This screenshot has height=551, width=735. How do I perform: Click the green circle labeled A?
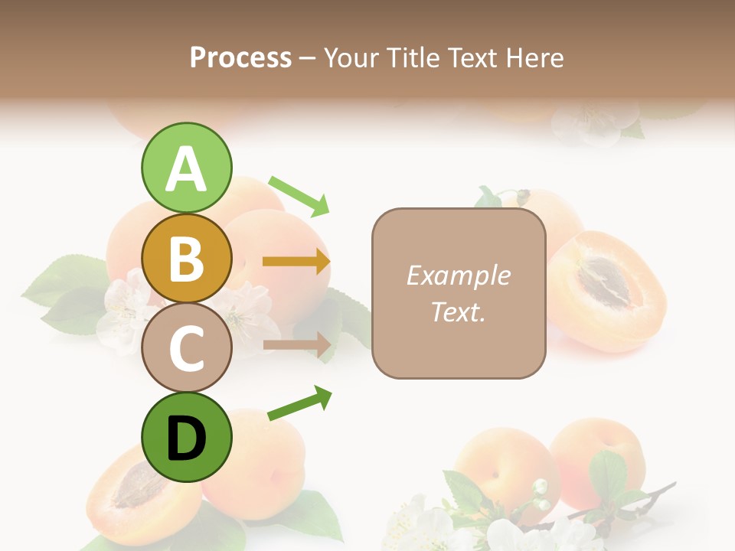(x=186, y=168)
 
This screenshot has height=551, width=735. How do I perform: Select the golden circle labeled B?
(x=186, y=258)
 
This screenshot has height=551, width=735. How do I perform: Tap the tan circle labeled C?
(x=186, y=347)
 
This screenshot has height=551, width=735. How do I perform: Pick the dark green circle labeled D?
(x=186, y=438)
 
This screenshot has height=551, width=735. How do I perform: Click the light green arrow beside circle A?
(x=299, y=195)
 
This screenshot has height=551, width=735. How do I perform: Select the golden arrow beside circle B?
(x=296, y=262)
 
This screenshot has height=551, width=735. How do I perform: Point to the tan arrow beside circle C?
(x=296, y=344)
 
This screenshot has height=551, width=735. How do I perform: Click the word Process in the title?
(x=240, y=57)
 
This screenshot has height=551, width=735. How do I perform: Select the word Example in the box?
(x=458, y=275)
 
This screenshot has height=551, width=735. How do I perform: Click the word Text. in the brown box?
(x=458, y=311)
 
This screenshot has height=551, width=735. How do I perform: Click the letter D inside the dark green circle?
(x=186, y=439)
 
